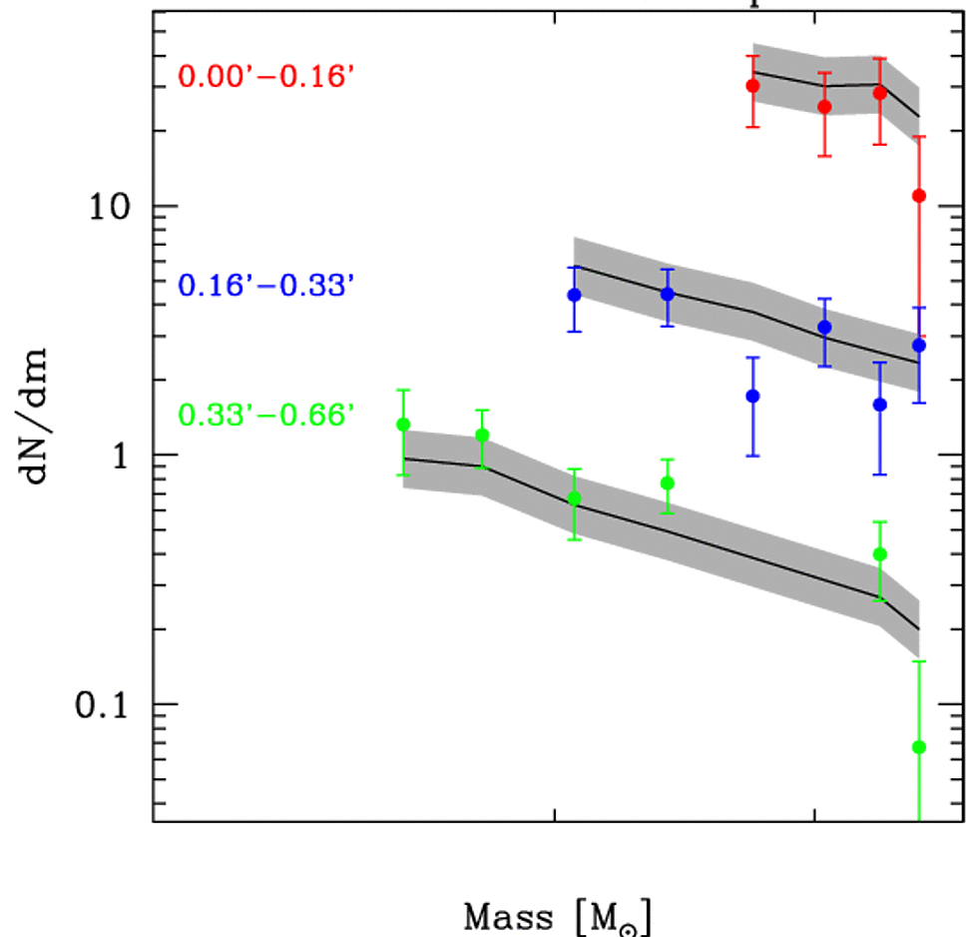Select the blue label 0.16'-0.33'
[266, 286]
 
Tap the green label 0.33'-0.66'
[266, 414]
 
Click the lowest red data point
[919, 196]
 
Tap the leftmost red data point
[752, 86]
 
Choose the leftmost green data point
[403, 425]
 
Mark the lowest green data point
[919, 747]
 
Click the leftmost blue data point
[574, 295]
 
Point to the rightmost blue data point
[919, 346]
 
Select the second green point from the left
[483, 435]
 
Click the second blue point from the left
[668, 294]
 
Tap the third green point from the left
[574, 497]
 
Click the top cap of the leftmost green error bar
[403, 390]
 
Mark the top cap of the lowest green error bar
[919, 661]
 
